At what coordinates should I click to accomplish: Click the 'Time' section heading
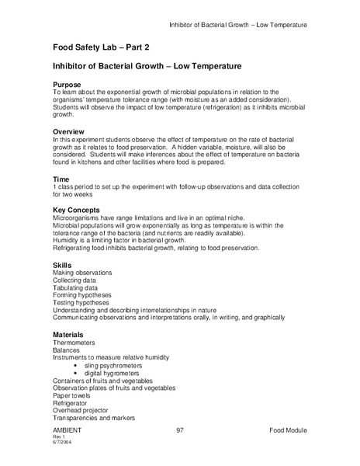pyautogui.click(x=61, y=179)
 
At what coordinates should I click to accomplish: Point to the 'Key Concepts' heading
pyautogui.click(x=76, y=210)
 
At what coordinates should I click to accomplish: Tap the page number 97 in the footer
pyautogui.click(x=180, y=429)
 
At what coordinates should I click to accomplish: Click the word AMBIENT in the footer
pyautogui.click(x=67, y=429)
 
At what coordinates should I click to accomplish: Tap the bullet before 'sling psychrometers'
pyautogui.click(x=74, y=365)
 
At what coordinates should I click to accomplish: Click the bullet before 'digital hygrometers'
pyautogui.click(x=74, y=373)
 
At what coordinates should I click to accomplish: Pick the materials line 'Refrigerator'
pyautogui.click(x=71, y=403)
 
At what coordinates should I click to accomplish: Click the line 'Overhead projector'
pyautogui.click(x=81, y=411)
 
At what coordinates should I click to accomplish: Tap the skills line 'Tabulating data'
pyautogui.click(x=78, y=288)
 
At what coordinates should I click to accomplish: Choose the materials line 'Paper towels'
pyautogui.click(x=73, y=395)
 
